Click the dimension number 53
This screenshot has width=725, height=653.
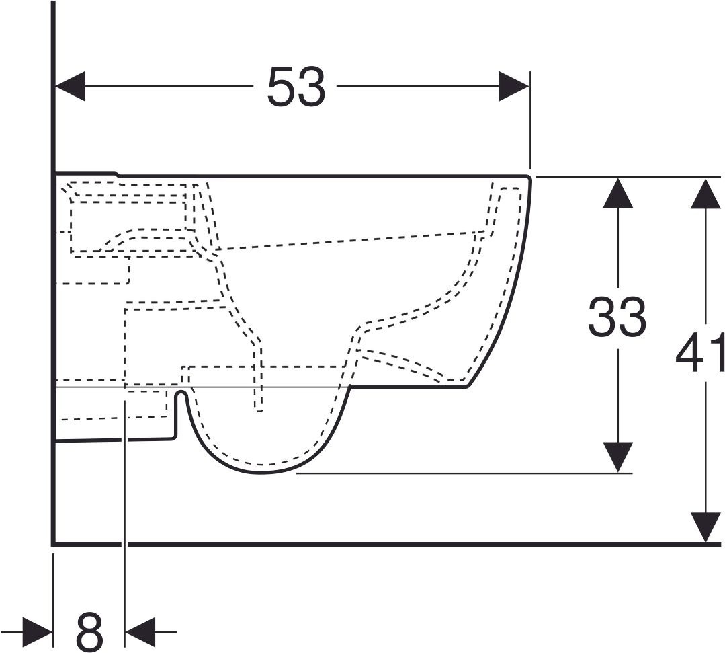point(296,87)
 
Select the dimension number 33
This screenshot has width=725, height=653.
point(617,317)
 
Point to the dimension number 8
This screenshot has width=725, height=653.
point(89,631)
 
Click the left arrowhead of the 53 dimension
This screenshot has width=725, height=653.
point(71,86)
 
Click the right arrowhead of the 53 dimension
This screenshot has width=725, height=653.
point(514,86)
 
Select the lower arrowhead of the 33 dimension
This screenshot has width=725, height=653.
point(618,457)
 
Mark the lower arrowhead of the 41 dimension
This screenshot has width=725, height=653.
point(705,527)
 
